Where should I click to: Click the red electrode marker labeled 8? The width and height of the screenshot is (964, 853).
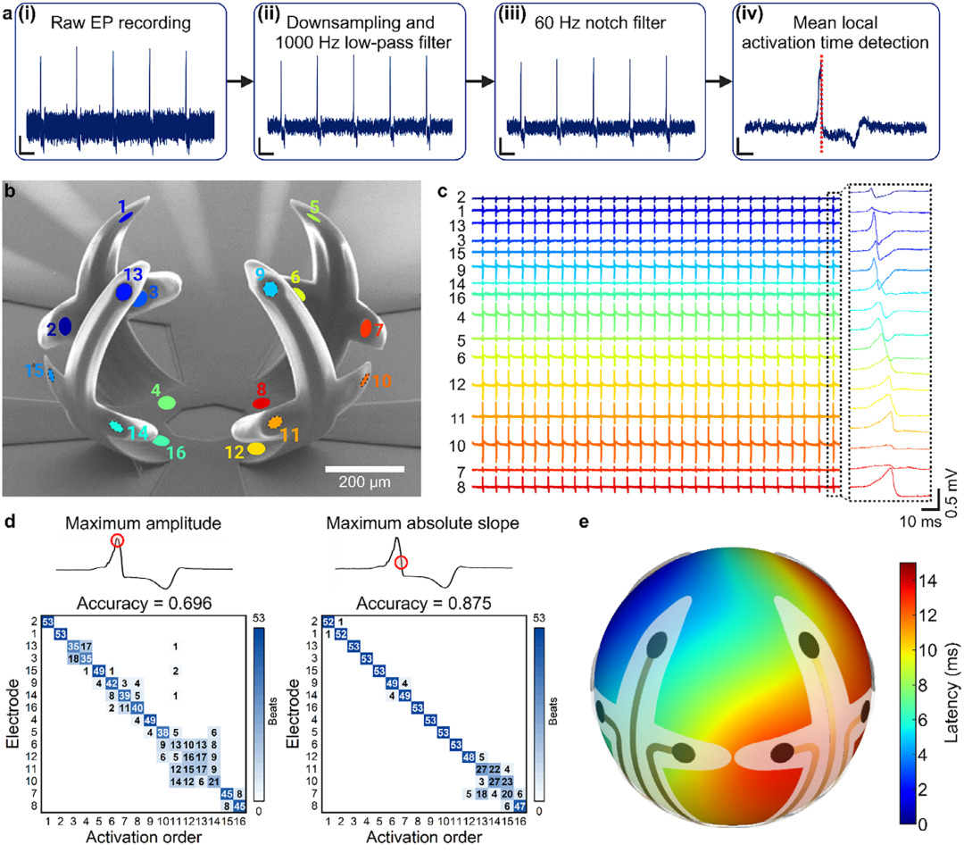pos(262,403)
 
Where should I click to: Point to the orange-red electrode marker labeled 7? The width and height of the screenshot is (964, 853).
pos(365,328)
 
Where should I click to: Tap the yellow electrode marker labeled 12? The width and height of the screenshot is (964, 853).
pos(257,448)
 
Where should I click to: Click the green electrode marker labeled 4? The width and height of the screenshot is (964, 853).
pos(166,403)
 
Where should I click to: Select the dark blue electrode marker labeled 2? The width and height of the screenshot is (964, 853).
pos(65,327)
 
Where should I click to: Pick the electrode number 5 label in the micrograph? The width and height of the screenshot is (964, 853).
pos(314,206)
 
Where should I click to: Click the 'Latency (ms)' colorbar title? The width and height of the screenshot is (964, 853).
pos(953,693)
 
